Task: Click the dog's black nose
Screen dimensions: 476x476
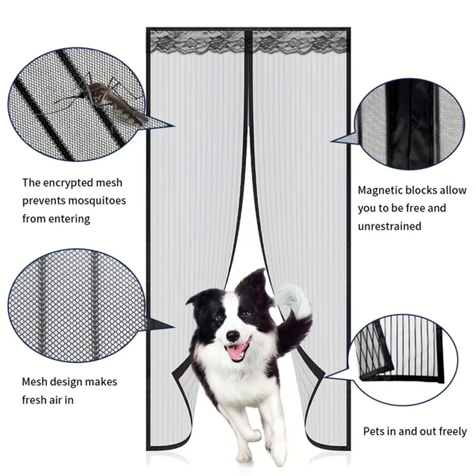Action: tap(233, 336)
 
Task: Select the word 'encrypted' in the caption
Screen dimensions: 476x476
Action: tap(68, 183)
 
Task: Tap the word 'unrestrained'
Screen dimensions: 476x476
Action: tap(390, 226)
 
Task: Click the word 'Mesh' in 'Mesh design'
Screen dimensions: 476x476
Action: tap(35, 381)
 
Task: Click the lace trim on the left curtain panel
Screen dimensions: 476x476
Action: tap(198, 42)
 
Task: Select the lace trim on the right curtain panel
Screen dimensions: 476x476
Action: tap(300, 42)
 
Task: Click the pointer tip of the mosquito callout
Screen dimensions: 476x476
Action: tap(174, 126)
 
